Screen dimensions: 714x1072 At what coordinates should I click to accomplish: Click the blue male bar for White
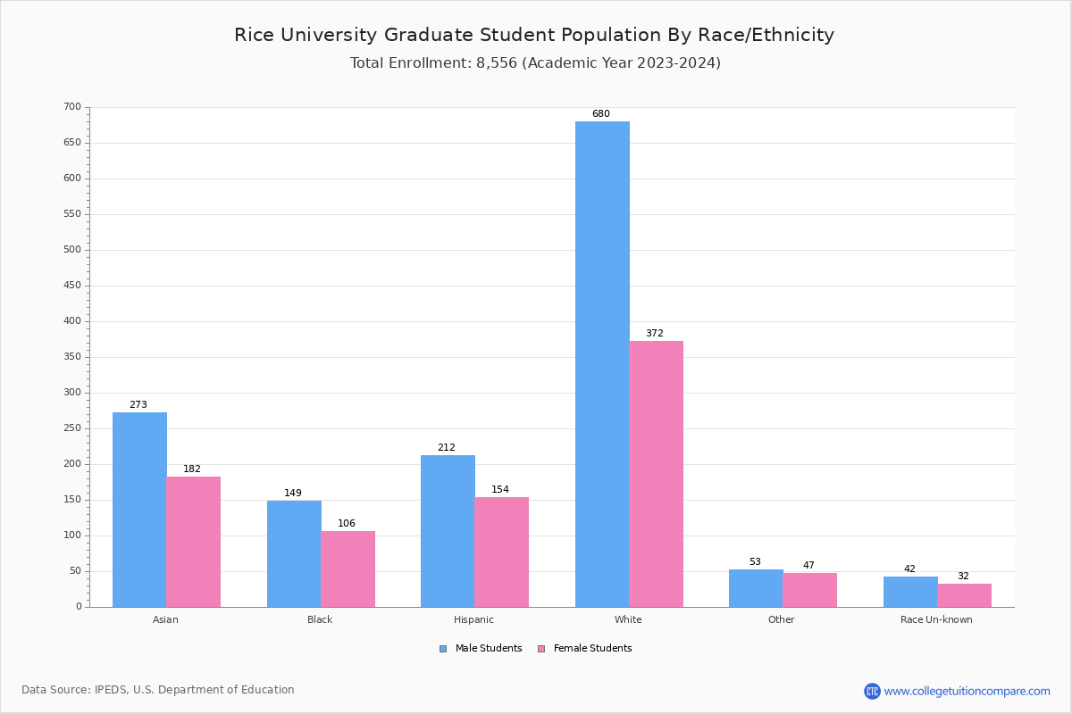pos(602,364)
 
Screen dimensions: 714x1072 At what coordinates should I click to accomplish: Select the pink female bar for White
pos(656,474)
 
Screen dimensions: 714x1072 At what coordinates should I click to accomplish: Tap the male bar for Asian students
pos(139,510)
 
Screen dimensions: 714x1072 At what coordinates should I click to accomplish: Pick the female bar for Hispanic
pos(501,552)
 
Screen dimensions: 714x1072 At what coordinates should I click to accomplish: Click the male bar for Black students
pos(294,553)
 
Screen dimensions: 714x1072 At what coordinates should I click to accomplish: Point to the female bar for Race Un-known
pos(964,595)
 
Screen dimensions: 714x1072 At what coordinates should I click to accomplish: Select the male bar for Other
pos(756,588)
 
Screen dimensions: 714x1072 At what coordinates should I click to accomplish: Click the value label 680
pos(601,114)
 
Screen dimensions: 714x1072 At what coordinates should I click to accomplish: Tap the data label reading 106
pos(347,524)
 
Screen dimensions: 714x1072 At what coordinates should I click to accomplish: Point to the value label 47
pos(808,566)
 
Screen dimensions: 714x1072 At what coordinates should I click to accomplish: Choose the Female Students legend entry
pos(585,649)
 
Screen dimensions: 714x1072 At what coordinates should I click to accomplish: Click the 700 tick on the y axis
pos(72,107)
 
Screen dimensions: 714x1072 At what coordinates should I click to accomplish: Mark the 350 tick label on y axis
pos(72,357)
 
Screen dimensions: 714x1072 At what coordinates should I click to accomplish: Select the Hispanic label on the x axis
pos(473,619)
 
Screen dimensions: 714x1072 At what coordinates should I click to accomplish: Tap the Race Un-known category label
pos(936,619)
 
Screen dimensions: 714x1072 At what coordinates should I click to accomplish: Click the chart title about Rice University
pos(534,35)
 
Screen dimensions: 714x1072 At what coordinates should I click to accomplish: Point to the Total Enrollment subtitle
pos(535,63)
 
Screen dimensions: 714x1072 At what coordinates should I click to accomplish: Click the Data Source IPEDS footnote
pos(158,690)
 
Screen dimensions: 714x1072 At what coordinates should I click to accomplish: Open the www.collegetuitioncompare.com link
pos(967,691)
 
